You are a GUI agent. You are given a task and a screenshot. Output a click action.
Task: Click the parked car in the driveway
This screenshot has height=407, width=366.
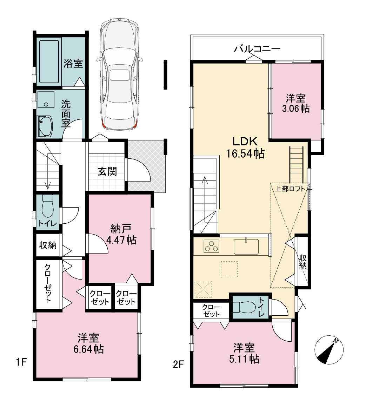coord(120,74)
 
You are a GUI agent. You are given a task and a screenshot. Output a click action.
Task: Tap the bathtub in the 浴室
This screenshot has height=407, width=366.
coord(49,62)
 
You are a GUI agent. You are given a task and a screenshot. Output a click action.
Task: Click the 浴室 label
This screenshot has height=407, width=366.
coord(73,64)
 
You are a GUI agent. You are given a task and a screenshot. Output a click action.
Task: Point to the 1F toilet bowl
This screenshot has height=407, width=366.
coord(47,206)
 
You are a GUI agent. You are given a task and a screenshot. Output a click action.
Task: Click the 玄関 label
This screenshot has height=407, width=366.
coord(107,172)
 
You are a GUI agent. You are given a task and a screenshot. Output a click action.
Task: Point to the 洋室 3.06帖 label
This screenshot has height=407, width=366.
coord(296,103)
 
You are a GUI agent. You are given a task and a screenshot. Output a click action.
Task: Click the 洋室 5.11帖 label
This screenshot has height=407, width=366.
coord(244,353)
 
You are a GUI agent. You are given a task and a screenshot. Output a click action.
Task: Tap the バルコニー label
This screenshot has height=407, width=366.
coord(257,49)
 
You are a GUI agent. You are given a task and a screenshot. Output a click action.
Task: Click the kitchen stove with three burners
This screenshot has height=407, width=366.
coord(211,246)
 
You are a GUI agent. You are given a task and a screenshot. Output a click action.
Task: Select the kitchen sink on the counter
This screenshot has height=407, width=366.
coord(246,246)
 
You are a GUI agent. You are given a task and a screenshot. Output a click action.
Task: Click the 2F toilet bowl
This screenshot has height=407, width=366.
coord(244,307)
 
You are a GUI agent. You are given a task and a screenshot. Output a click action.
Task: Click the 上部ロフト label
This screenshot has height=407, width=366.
coord(290,189)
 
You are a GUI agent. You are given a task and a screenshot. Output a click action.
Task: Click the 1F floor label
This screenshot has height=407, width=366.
coord(21,362)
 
